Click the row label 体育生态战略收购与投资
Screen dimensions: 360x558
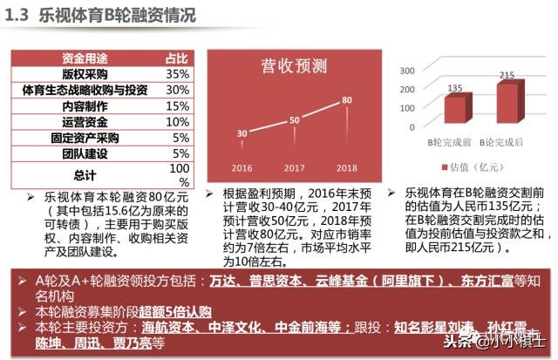[85, 90]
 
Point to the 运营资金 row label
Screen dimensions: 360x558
[85, 121]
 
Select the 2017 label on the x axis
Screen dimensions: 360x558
[294, 168]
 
